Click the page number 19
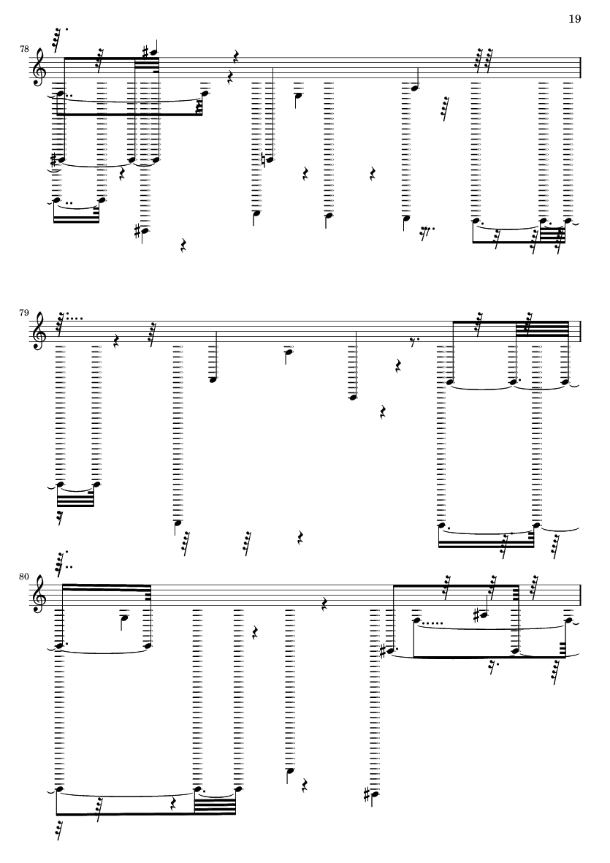574,18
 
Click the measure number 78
25,50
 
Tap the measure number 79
25,313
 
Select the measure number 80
25,577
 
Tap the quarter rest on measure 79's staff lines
115,340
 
